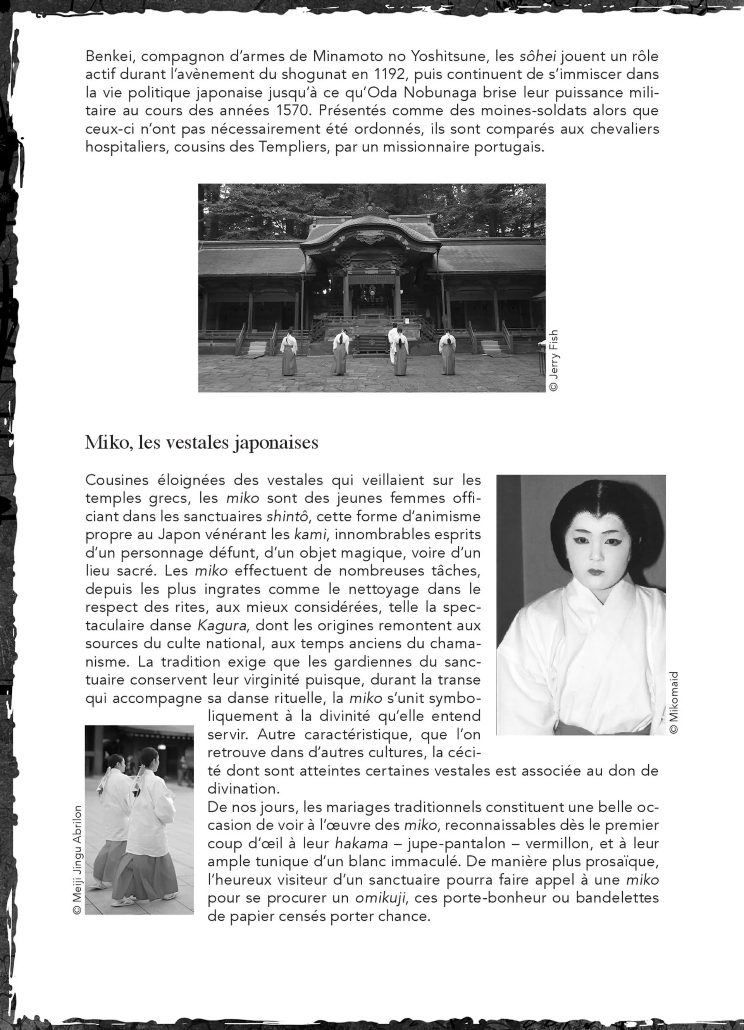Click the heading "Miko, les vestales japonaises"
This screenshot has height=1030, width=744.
coord(201,442)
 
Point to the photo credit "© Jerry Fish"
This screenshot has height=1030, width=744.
coord(553,360)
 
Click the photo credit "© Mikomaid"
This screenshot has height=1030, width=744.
coord(673,703)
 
